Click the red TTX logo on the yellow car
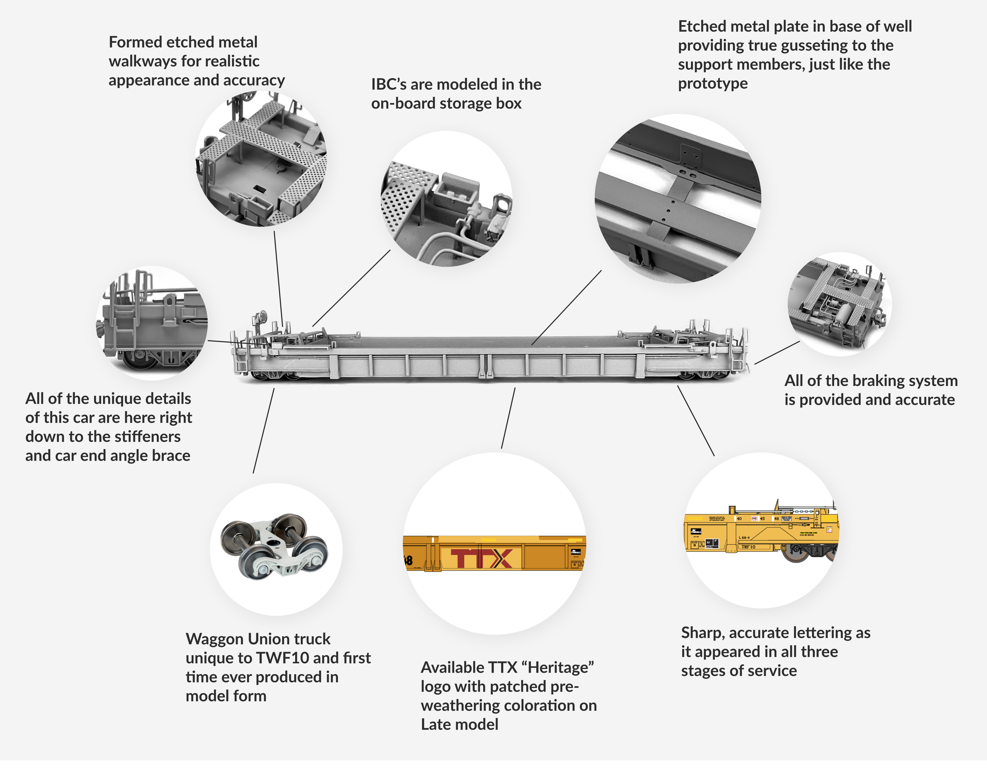pyautogui.click(x=482, y=558)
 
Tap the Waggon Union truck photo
pyautogui.click(x=275, y=548)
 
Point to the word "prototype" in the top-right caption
pyautogui.click(x=712, y=84)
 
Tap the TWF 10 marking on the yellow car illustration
pyautogui.click(x=748, y=547)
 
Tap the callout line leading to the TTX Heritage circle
pyautogui.click(x=508, y=418)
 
